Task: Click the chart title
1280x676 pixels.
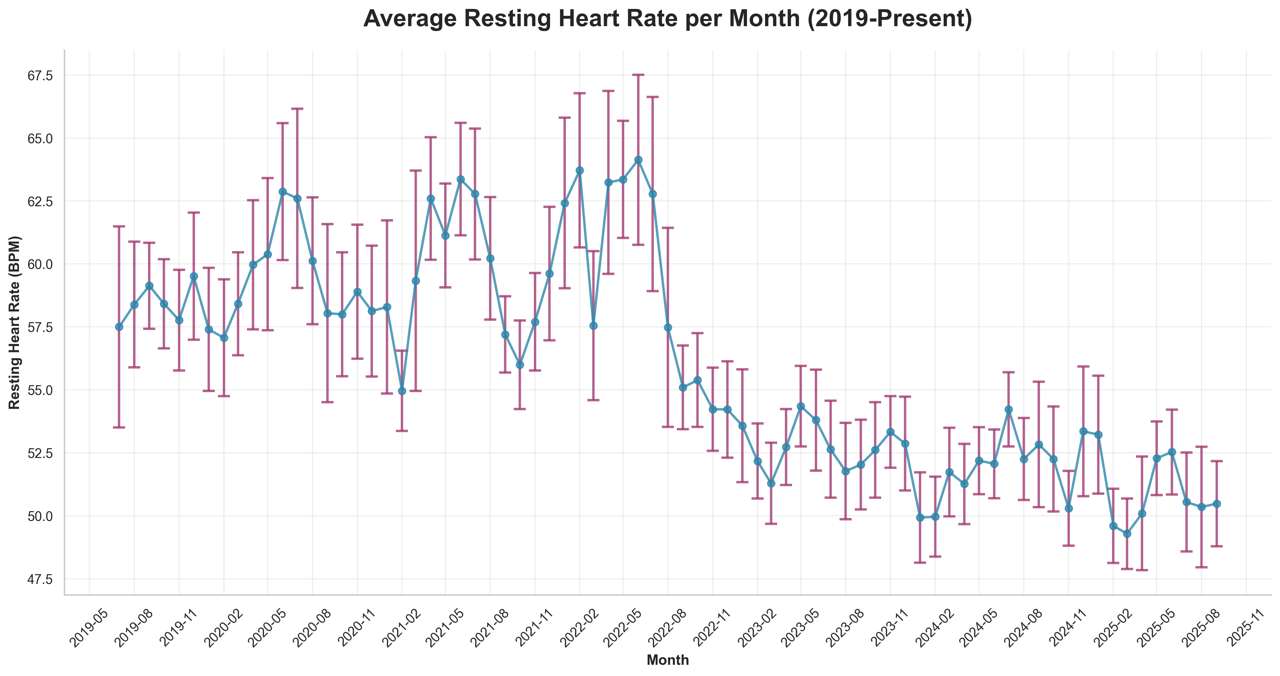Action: coord(667,19)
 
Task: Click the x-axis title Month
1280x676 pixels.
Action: coord(667,660)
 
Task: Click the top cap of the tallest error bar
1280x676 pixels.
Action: coord(416,171)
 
